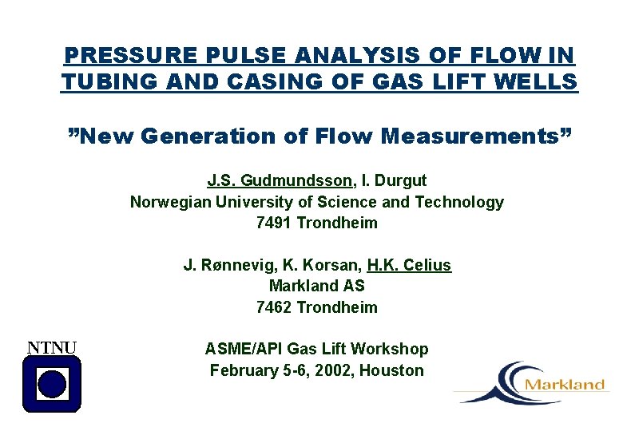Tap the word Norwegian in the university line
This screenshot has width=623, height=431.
[171, 202]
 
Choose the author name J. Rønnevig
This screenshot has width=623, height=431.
[228, 265]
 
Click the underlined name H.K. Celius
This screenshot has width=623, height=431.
[409, 265]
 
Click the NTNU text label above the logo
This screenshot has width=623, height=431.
[53, 347]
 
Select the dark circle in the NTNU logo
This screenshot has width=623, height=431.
[52, 384]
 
